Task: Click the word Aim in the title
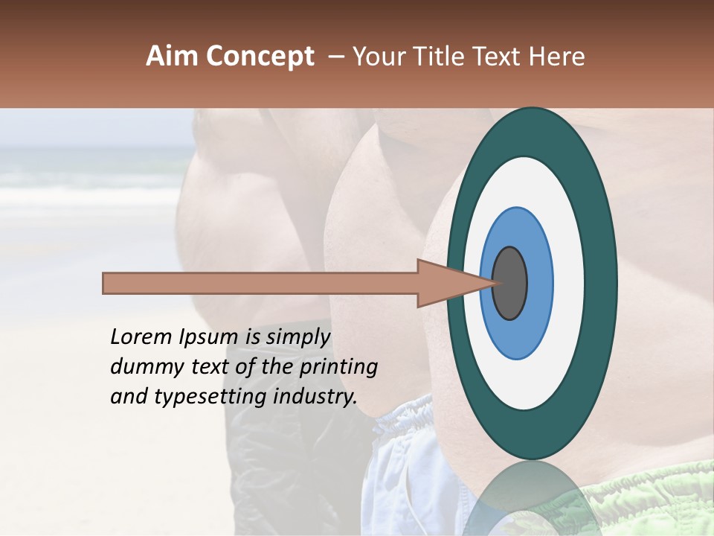pos(172,57)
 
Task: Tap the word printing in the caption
pos(338,368)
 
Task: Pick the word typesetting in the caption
pos(196,397)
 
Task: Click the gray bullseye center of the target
pos(510,283)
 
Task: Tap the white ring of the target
pos(569,283)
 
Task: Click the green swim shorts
pos(647,506)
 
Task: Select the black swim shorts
pos(290,476)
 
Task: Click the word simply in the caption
pos(297,337)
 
